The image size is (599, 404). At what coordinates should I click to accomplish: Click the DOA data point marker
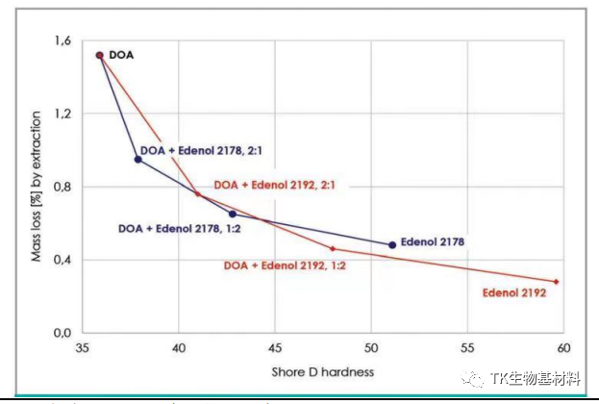click(x=99, y=55)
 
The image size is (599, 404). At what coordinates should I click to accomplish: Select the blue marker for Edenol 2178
click(x=392, y=244)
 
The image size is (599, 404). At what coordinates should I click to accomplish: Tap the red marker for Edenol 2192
click(x=556, y=282)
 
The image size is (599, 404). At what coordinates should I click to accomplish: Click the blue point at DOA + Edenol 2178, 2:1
click(x=137, y=159)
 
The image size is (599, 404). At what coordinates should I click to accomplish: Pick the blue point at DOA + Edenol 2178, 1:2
click(x=232, y=214)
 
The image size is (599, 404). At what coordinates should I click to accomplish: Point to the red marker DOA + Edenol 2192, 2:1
click(x=197, y=193)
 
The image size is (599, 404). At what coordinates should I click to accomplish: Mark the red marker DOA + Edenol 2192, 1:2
click(x=333, y=248)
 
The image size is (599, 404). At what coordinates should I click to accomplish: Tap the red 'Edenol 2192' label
click(x=514, y=292)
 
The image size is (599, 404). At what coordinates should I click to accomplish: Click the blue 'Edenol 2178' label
click(x=433, y=241)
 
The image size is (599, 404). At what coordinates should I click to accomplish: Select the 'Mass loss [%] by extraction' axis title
click(x=36, y=189)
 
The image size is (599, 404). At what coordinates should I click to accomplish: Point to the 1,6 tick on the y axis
click(x=63, y=41)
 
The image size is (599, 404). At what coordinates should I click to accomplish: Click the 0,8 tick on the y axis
click(x=63, y=187)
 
